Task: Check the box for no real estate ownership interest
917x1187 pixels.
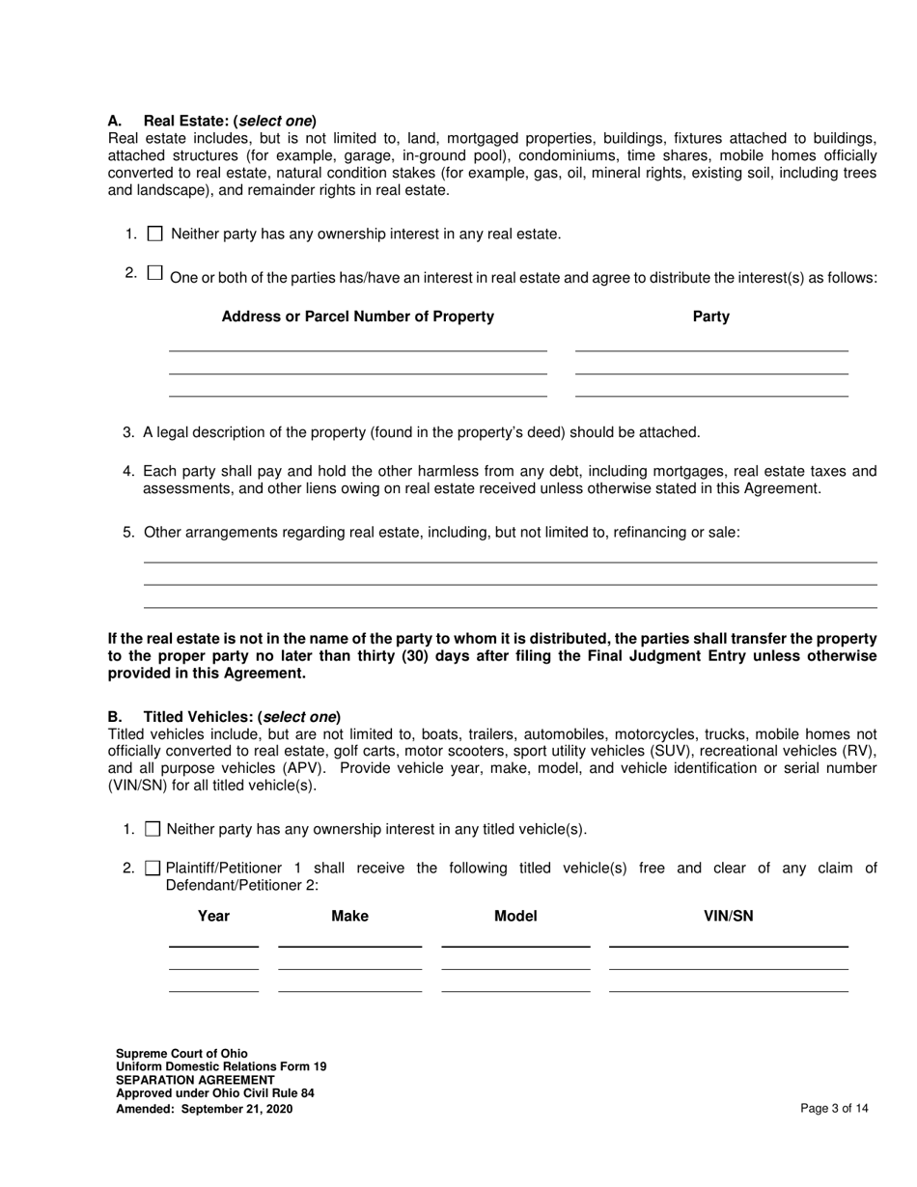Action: pos(155,234)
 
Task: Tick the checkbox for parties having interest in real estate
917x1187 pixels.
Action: pos(155,273)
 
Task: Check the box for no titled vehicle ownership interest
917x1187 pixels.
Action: pos(153,829)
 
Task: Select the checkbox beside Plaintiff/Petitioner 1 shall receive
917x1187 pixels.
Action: pos(153,869)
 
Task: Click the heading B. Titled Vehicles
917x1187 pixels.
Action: pos(224,717)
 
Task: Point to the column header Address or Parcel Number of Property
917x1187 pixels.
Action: pos(357,317)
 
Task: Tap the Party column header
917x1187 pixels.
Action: pos(710,317)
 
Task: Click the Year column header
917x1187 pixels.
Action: pos(213,916)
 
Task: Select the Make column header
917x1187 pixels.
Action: pos(349,916)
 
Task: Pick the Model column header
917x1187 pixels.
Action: pos(515,916)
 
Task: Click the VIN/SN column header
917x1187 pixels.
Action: pos(728,916)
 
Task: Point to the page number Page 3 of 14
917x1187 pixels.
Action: pos(834,1109)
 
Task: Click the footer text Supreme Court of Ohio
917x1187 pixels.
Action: pos(181,1054)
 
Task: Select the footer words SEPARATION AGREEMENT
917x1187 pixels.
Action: pos(195,1081)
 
